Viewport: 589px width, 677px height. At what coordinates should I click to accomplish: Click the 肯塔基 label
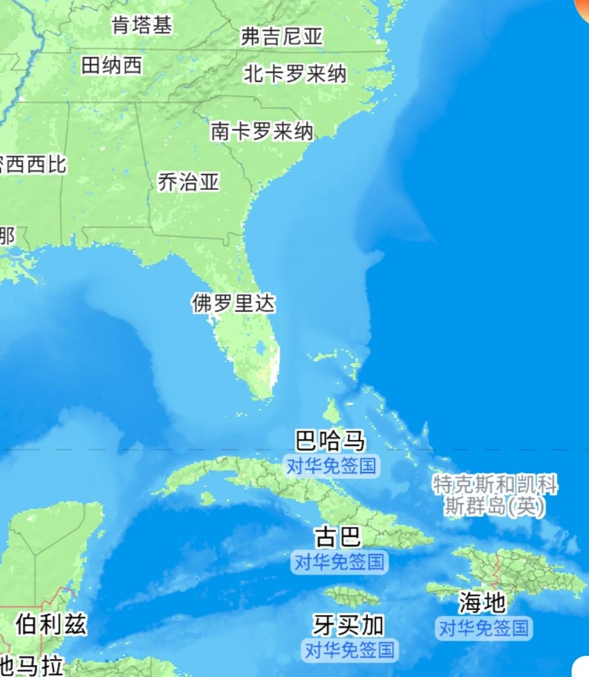pos(142,25)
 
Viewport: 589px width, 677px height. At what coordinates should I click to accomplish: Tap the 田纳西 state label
pos(112,65)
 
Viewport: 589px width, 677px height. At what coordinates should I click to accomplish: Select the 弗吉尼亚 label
pos(282,37)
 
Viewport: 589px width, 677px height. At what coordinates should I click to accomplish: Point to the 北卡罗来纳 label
pos(294,74)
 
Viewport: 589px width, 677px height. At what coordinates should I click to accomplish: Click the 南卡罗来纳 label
pos(262,131)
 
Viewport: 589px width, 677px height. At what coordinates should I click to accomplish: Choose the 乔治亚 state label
pos(188,182)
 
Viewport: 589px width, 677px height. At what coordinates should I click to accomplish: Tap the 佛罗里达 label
pos(233,303)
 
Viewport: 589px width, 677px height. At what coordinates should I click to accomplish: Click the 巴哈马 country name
pos(330,440)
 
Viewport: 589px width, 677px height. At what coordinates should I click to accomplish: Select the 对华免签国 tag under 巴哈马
pos(331,466)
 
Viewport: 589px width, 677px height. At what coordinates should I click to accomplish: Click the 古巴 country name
pos(338,537)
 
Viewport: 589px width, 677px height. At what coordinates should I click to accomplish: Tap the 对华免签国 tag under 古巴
pos(339,562)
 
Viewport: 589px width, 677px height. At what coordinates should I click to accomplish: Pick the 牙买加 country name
pos(348,624)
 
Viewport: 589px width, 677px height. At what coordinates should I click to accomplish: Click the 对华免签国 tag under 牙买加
pos(349,650)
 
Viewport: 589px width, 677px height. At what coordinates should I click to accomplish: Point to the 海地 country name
pos(482,602)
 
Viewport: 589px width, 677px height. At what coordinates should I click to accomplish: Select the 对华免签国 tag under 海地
pos(484,628)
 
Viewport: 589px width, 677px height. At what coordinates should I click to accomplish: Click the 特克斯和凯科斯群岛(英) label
pos(494,495)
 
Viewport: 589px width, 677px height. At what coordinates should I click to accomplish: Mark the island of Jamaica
pos(351,596)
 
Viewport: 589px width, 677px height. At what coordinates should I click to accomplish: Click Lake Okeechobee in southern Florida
pos(261,348)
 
